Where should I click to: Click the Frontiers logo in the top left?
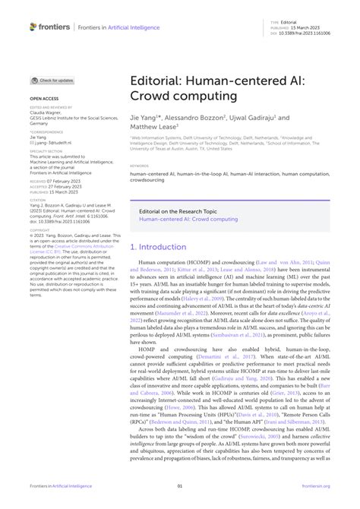49,27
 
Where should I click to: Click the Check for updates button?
53,80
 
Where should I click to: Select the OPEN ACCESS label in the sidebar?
43,99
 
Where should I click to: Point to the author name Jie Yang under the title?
141,119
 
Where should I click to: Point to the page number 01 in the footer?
179,487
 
